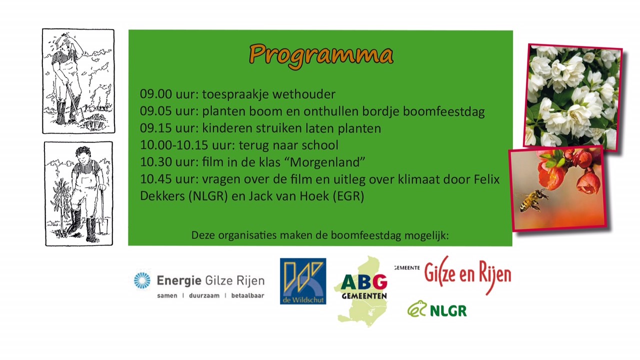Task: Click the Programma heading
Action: click(x=321, y=56)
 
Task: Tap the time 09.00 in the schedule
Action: click(x=156, y=94)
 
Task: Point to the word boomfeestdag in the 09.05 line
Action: click(x=443, y=111)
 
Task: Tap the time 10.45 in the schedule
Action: click(x=156, y=179)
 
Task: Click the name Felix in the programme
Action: click(x=487, y=179)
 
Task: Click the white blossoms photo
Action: click(x=572, y=97)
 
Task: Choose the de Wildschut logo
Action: click(x=303, y=281)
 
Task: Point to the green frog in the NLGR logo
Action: click(x=417, y=309)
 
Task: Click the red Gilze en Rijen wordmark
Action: click(x=467, y=274)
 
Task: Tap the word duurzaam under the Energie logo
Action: click(x=204, y=295)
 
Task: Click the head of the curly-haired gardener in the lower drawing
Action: click(x=83, y=156)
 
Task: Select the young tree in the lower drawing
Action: click(x=61, y=204)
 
